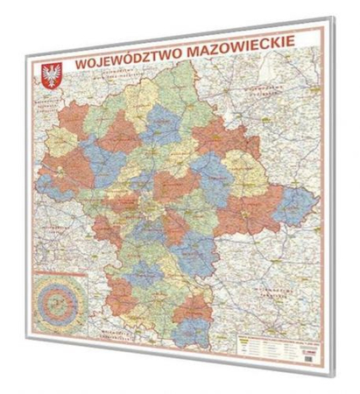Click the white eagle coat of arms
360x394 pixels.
(52, 74)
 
